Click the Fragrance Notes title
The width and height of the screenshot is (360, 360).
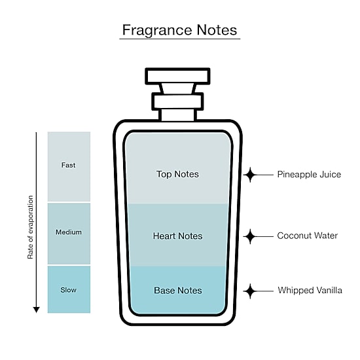click(x=179, y=30)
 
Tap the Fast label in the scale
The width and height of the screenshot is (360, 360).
click(x=68, y=165)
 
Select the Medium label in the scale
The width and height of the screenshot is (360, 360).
click(x=69, y=232)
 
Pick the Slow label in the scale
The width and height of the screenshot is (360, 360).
click(x=69, y=290)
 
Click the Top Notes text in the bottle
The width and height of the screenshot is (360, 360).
click(x=177, y=174)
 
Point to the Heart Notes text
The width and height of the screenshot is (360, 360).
click(x=177, y=236)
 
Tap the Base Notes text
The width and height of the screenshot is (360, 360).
click(x=178, y=291)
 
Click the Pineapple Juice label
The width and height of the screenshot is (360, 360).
click(x=309, y=175)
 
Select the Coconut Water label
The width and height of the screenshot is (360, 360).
click(x=308, y=236)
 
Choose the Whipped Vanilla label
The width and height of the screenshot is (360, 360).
click(x=310, y=291)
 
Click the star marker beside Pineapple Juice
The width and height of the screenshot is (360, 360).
click(x=250, y=175)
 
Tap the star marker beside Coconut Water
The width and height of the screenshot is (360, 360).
click(x=250, y=236)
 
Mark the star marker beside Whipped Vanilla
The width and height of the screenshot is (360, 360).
click(x=250, y=291)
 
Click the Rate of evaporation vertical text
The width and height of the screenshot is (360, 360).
click(x=30, y=227)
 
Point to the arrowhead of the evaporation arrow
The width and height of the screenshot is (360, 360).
click(x=36, y=310)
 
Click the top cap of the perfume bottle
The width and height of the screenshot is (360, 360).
click(x=177, y=76)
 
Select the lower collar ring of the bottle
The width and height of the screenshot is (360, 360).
click(x=177, y=101)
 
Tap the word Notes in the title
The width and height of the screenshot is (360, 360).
click(x=217, y=30)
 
